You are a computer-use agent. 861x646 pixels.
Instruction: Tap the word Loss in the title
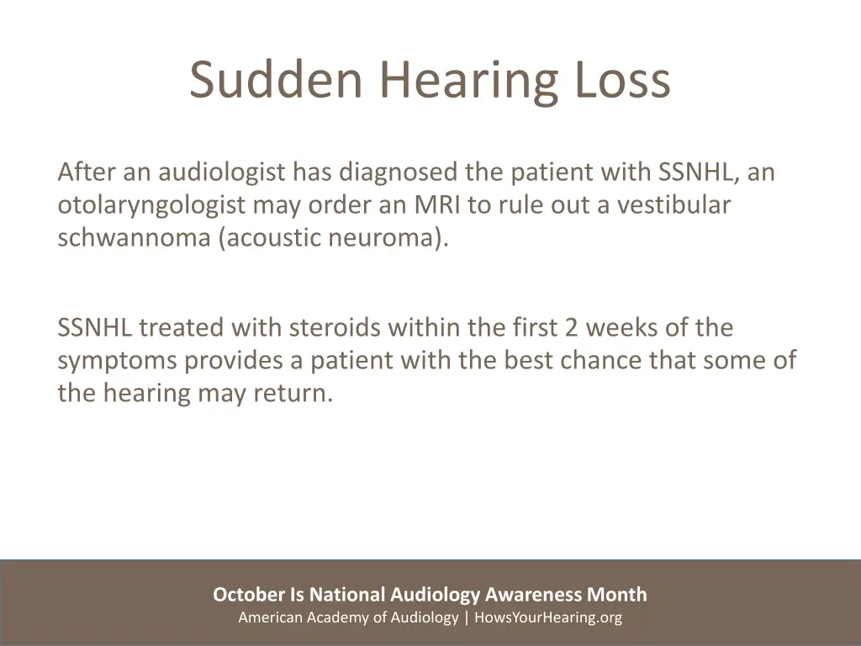point(623,80)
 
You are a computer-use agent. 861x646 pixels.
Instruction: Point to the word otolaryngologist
point(151,206)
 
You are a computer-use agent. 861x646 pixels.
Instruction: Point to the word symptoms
point(118,361)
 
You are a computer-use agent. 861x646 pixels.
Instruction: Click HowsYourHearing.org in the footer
point(548,617)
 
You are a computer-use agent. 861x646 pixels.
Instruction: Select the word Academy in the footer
point(330,617)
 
